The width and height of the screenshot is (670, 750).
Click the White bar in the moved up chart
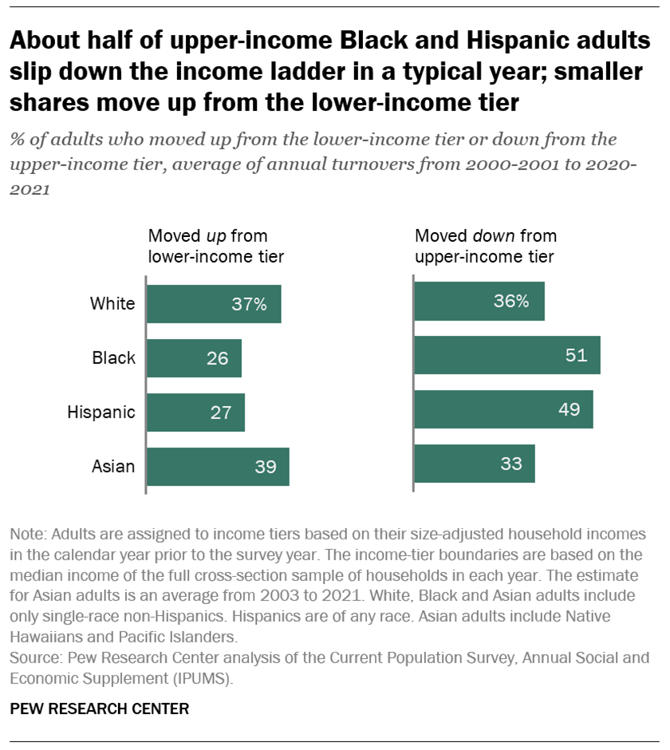[214, 304]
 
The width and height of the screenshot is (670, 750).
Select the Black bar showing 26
[194, 358]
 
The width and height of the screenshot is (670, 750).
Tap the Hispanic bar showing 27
[195, 412]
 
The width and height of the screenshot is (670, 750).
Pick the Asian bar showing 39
[218, 467]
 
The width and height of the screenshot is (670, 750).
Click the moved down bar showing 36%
[479, 301]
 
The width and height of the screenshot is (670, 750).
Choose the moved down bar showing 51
[506, 355]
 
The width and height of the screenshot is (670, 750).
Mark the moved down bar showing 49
[503, 409]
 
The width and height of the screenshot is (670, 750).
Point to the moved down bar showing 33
[474, 464]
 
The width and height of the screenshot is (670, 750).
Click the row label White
[112, 304]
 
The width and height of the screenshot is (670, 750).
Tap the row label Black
[114, 358]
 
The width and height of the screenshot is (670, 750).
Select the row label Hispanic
[101, 412]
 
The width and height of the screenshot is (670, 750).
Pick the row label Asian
[112, 467]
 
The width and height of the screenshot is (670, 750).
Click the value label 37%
[249, 304]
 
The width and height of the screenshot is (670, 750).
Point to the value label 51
[576, 355]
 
